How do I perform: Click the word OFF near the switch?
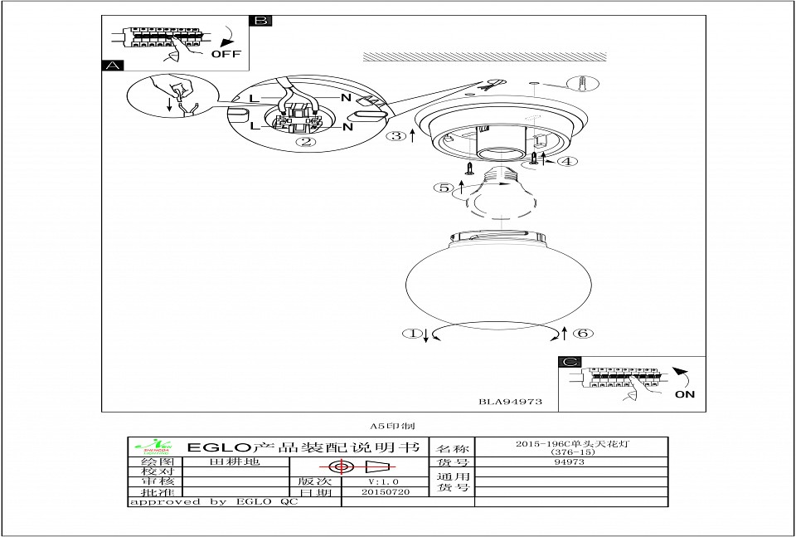click(x=226, y=54)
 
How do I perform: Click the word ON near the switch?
click(x=685, y=394)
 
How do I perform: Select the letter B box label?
click(x=260, y=21)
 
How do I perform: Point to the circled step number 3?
click(x=399, y=135)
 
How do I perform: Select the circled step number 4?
click(x=566, y=161)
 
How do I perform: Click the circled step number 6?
click(x=583, y=334)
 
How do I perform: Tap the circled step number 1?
click(x=411, y=334)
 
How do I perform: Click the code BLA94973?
click(x=510, y=401)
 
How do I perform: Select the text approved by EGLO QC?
click(x=212, y=502)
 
